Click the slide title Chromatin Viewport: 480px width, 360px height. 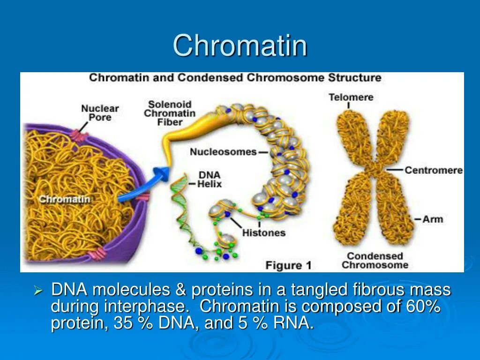(240, 46)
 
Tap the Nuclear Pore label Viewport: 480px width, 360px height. (100, 112)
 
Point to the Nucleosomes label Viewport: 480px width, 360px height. (223, 152)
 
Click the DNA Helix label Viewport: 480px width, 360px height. (210, 179)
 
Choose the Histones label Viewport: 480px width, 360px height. (263, 232)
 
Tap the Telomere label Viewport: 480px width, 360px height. (351, 97)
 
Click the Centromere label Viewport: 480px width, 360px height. (433, 170)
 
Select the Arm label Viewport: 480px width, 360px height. (433, 219)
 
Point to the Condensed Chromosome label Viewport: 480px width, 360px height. (375, 261)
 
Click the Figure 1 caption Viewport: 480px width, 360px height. (288, 265)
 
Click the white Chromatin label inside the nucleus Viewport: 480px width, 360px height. (64, 199)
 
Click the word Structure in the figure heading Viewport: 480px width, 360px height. (355, 77)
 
